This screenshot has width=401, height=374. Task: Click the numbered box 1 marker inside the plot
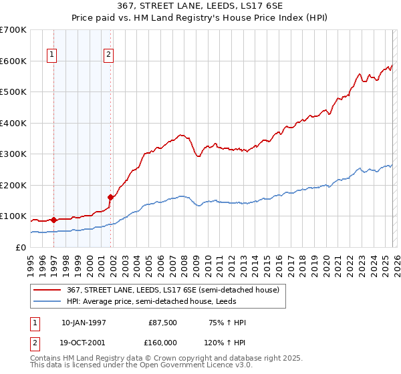(51, 56)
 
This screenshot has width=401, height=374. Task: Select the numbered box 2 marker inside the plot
(108, 56)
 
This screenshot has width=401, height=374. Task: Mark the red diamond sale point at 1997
(54, 220)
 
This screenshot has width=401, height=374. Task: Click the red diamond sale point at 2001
(110, 197)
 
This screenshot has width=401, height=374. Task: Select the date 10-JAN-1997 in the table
(84, 323)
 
